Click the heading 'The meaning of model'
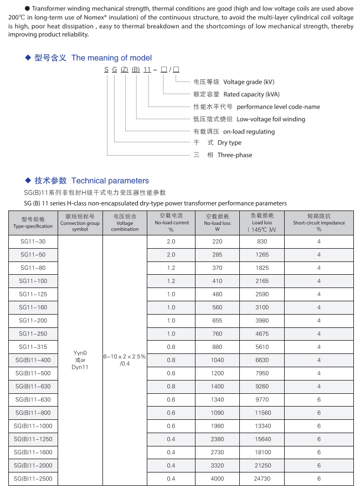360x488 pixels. point(111,58)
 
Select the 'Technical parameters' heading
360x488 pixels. point(110,181)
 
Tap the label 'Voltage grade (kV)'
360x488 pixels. point(248,82)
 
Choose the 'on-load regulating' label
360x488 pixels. point(249,131)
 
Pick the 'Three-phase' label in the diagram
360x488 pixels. point(235,155)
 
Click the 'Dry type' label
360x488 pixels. point(229,143)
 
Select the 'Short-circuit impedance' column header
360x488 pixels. point(318,223)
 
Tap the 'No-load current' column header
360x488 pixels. point(171,223)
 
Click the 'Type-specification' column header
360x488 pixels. point(33,226)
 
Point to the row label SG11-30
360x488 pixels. point(33,242)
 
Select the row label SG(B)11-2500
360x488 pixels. point(33,479)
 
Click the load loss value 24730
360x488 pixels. point(262,479)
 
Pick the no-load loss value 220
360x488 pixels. point(217,242)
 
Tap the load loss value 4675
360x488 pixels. point(262,333)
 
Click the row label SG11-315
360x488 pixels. point(33,347)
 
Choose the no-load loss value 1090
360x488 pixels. point(217,413)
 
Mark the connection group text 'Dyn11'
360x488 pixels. point(80,367)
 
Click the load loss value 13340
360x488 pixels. point(262,426)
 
